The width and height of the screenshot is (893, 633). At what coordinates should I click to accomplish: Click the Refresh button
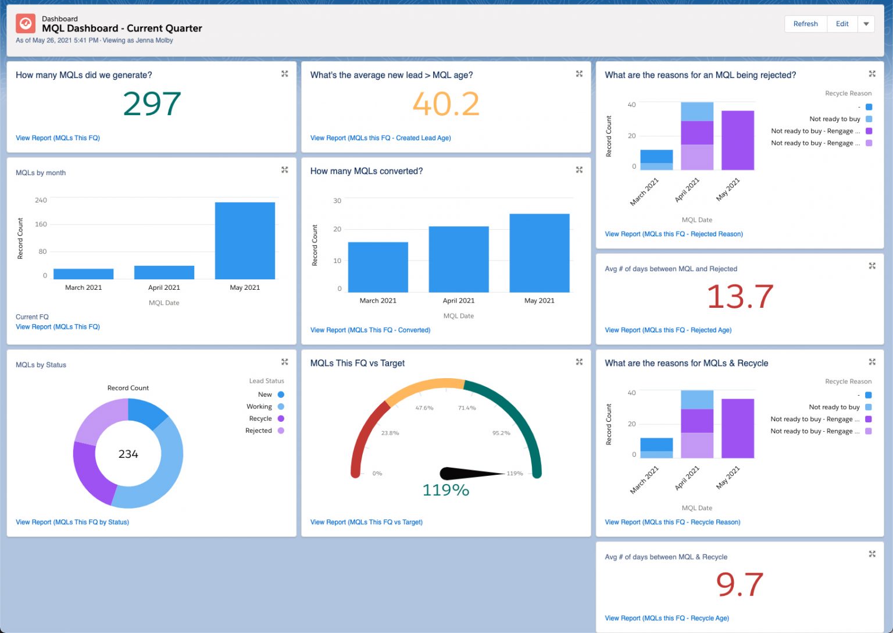point(805,24)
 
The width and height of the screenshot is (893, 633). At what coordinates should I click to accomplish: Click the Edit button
point(842,24)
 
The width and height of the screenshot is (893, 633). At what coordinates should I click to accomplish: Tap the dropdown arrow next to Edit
point(866,24)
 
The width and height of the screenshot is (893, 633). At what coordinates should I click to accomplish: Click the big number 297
point(152,104)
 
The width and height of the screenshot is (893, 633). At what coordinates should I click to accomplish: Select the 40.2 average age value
point(446,104)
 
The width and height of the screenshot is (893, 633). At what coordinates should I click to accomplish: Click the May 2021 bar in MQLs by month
point(245,240)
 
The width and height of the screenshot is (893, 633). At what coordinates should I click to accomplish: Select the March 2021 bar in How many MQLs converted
point(378,267)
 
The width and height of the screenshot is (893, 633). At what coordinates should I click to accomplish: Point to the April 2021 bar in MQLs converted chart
point(459,259)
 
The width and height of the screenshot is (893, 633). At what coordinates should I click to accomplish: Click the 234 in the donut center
point(128,454)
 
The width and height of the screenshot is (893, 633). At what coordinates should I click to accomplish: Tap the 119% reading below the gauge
point(445,490)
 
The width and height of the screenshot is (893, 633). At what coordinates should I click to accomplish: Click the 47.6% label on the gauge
point(424,408)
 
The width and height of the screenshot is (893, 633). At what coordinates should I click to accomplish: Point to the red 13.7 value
point(740,297)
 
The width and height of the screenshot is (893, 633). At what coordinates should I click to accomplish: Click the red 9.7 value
point(740,585)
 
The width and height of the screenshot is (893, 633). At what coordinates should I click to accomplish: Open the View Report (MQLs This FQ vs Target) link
point(366,522)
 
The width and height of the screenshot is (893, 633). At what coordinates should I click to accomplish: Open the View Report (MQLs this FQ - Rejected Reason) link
point(674,234)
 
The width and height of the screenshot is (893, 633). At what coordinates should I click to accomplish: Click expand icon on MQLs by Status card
point(285,362)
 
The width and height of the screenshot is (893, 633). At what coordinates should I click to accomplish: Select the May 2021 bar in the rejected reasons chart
point(738,140)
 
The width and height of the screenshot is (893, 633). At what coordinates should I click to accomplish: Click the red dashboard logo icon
point(26,23)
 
